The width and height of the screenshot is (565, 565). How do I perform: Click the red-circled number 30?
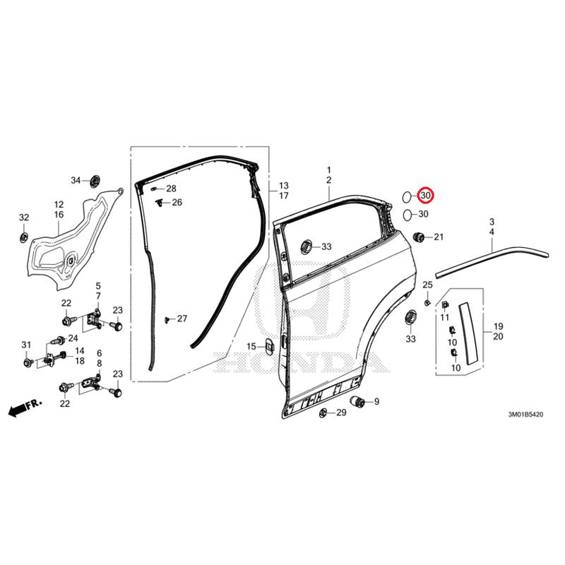tap(426, 196)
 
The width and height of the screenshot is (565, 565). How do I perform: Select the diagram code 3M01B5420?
tap(525, 415)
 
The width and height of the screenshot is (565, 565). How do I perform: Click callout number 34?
tap(76, 180)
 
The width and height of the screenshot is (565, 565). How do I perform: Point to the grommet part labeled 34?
tap(95, 181)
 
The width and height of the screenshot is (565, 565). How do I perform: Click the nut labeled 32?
tap(24, 237)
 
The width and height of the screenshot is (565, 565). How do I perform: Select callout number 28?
tap(171, 189)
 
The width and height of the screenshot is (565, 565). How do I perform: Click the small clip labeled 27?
tap(167, 320)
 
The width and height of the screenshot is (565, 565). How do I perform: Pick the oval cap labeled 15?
tap(269, 346)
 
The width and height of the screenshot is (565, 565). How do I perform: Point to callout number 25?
tap(427, 285)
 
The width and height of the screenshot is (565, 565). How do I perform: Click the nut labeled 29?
tap(323, 412)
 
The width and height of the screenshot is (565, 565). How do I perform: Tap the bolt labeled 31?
tap(28, 362)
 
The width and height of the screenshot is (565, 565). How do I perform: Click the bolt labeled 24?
tap(59, 340)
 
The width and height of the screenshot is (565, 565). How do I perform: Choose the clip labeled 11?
tap(445, 305)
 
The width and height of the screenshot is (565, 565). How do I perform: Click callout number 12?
tap(59, 204)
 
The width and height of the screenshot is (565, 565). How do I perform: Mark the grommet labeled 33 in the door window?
tap(307, 246)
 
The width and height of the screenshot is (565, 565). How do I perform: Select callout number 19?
tap(498, 326)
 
